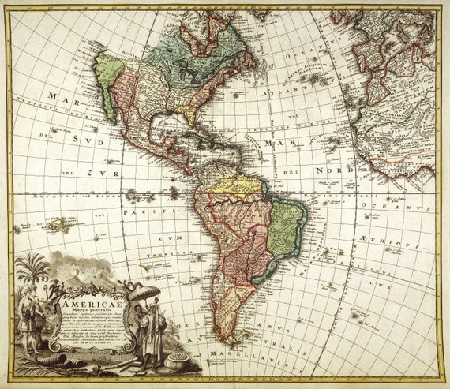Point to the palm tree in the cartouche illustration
tap(33, 268)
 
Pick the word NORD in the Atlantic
tap(336, 169)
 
